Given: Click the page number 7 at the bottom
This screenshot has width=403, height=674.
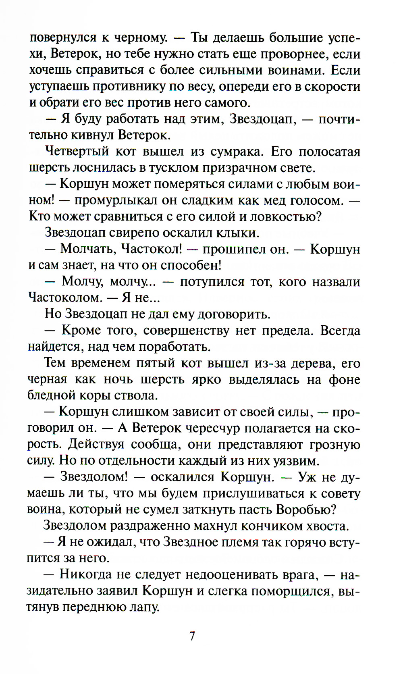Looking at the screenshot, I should (192, 636).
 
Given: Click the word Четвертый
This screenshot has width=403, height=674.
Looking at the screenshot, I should (77, 152).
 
